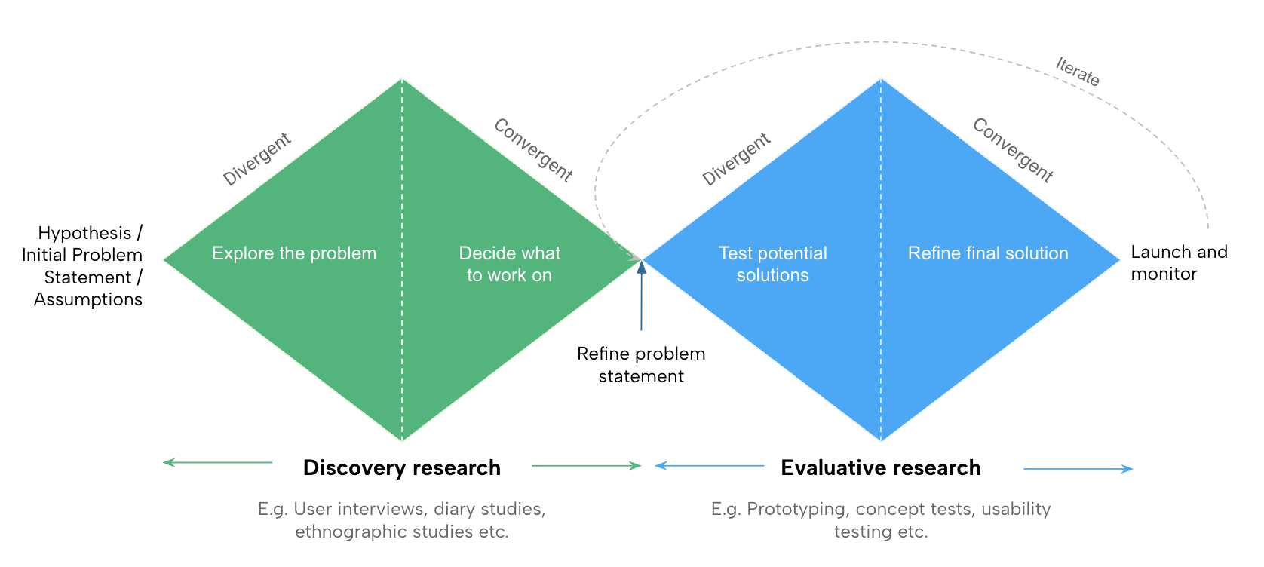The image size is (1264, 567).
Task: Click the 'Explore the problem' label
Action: coord(294,253)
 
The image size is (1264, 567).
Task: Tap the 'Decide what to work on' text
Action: coord(510,264)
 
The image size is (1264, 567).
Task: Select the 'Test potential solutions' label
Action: coord(772,264)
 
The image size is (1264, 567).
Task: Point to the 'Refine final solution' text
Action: coord(988,253)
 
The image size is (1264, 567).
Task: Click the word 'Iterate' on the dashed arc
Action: coord(1077,72)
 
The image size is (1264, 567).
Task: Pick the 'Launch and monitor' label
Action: coord(1179,262)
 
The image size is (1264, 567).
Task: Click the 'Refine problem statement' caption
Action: coord(641,365)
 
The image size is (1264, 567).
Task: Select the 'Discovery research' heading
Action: coord(401,467)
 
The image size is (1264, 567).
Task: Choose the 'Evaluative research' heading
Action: coord(880,467)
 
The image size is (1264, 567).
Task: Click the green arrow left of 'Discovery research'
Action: coord(217,462)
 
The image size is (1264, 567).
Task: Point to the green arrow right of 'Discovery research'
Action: coord(586,466)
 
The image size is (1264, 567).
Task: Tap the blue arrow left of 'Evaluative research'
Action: coord(709,466)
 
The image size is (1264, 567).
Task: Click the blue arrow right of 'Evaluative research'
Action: coord(1078,469)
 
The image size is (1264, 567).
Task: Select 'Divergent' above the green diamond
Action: coord(257,159)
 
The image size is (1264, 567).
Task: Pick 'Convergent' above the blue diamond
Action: coord(1013,150)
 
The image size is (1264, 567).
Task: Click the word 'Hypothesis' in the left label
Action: coord(84,233)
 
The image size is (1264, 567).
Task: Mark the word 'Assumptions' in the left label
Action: coord(88,299)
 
